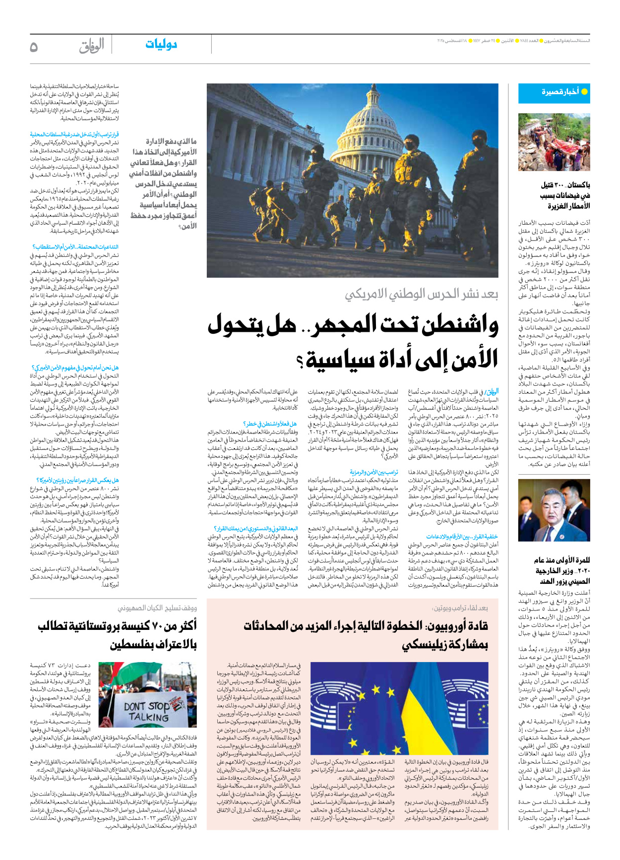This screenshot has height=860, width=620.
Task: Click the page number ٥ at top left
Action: click(x=34, y=47)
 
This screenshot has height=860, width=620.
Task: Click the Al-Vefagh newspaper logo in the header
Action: click(x=92, y=46)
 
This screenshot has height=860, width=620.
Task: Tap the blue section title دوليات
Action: click(x=161, y=45)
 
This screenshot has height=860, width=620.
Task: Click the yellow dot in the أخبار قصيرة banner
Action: click(x=584, y=92)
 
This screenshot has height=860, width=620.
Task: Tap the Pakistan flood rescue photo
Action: click(x=554, y=142)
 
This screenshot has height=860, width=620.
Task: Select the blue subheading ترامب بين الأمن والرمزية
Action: click(x=373, y=472)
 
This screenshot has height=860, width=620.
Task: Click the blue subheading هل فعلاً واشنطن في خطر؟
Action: click(x=269, y=424)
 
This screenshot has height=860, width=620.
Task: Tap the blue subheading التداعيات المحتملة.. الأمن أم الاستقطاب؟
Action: click(x=75, y=246)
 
